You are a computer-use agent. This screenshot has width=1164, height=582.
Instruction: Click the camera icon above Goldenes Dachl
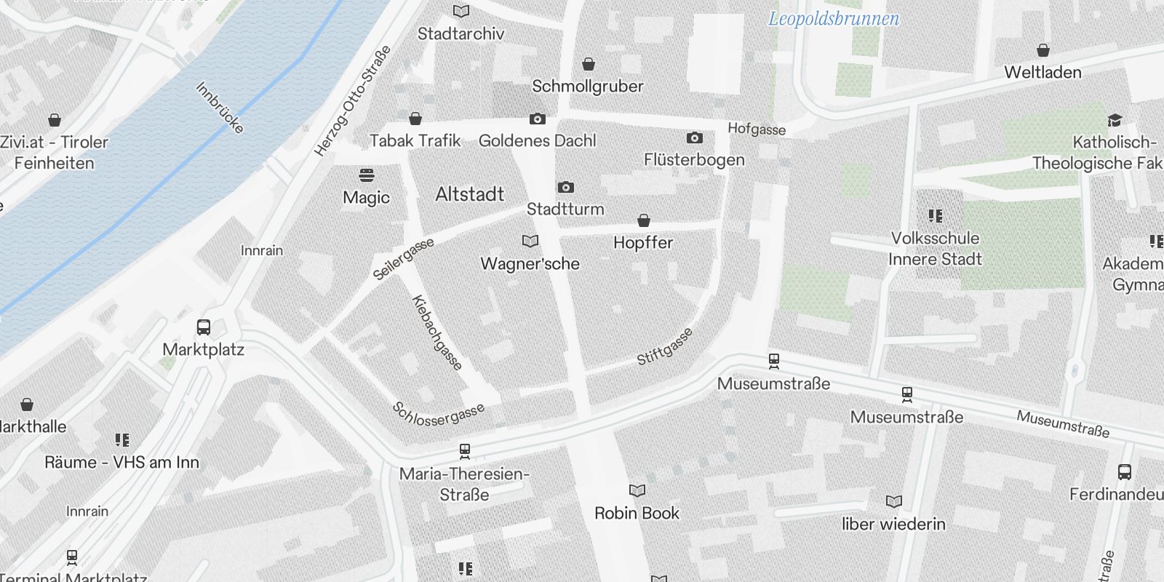537,119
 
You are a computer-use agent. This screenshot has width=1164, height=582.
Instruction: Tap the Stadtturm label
565,210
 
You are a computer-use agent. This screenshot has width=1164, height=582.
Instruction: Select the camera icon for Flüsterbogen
694,137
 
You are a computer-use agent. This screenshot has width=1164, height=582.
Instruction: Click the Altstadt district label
469,194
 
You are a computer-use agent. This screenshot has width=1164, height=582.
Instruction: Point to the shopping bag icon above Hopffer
643,220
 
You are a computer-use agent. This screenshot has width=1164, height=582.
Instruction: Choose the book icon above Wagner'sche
530,241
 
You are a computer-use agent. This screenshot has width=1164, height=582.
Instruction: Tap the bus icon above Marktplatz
204,327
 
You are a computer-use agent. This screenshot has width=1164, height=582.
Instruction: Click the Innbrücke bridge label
219,108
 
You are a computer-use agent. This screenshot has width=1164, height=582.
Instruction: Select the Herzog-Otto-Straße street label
353,100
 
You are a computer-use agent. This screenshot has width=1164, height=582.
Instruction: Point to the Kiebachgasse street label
436,332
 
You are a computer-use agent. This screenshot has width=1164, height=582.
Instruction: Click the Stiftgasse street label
665,347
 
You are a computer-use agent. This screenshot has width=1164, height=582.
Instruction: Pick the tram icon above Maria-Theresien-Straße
465,451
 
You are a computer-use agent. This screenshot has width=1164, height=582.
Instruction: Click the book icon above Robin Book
637,491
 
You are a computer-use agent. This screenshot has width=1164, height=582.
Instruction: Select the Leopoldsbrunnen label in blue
834,19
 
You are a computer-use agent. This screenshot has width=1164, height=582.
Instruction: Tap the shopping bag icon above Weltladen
1043,50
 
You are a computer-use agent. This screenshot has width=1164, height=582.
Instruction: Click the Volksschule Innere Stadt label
935,249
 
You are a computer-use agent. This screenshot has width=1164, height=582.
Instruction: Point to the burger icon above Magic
367,175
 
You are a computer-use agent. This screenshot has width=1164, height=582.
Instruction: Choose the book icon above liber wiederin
893,501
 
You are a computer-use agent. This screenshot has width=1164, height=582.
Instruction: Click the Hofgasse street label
757,129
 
